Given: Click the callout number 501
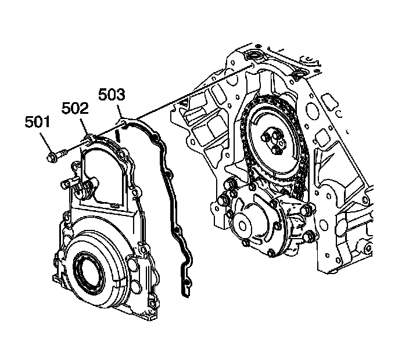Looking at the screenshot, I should pyautogui.click(x=37, y=123).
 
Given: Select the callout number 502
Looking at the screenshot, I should pyautogui.click(x=76, y=109).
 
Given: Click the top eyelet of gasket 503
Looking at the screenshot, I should pyautogui.click(x=124, y=121).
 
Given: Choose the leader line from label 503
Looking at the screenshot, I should pyautogui.click(x=119, y=110).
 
